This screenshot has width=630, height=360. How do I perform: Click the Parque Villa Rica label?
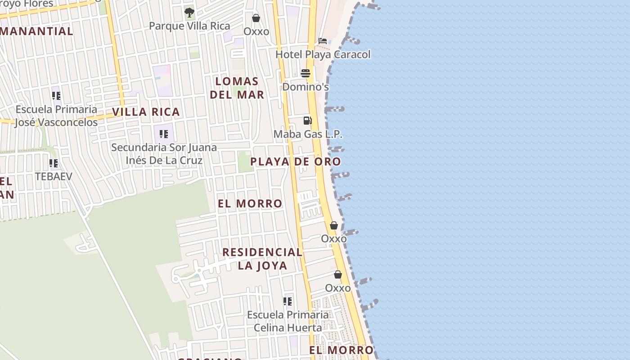(189, 26)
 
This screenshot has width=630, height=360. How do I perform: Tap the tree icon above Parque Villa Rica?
(189, 12)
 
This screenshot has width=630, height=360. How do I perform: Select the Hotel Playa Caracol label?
(323, 54)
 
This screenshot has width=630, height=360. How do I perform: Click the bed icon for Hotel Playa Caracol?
(323, 41)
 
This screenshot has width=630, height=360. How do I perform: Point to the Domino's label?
(306, 87)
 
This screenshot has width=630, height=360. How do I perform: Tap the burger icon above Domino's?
(306, 73)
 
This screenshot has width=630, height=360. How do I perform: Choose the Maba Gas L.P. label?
(308, 134)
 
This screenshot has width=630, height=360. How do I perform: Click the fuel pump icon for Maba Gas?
(308, 121)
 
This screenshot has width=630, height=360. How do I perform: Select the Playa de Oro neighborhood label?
(296, 162)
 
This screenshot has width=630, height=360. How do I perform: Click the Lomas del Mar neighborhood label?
(237, 88)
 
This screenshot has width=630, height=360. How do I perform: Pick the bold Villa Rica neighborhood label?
(146, 112)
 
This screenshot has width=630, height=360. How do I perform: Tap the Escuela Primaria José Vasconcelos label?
(56, 116)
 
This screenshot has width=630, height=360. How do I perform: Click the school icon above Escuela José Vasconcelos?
(56, 96)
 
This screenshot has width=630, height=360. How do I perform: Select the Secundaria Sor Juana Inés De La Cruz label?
(164, 154)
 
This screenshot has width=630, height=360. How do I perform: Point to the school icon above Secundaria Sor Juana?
(164, 134)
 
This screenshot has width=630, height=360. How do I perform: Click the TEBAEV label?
(54, 176)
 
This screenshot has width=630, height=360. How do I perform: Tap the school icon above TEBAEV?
(54, 163)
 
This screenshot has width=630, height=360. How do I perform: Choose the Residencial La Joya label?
(262, 259)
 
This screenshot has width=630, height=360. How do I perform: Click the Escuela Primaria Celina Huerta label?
(288, 321)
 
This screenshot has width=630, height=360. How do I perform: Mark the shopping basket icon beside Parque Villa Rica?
(256, 18)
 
